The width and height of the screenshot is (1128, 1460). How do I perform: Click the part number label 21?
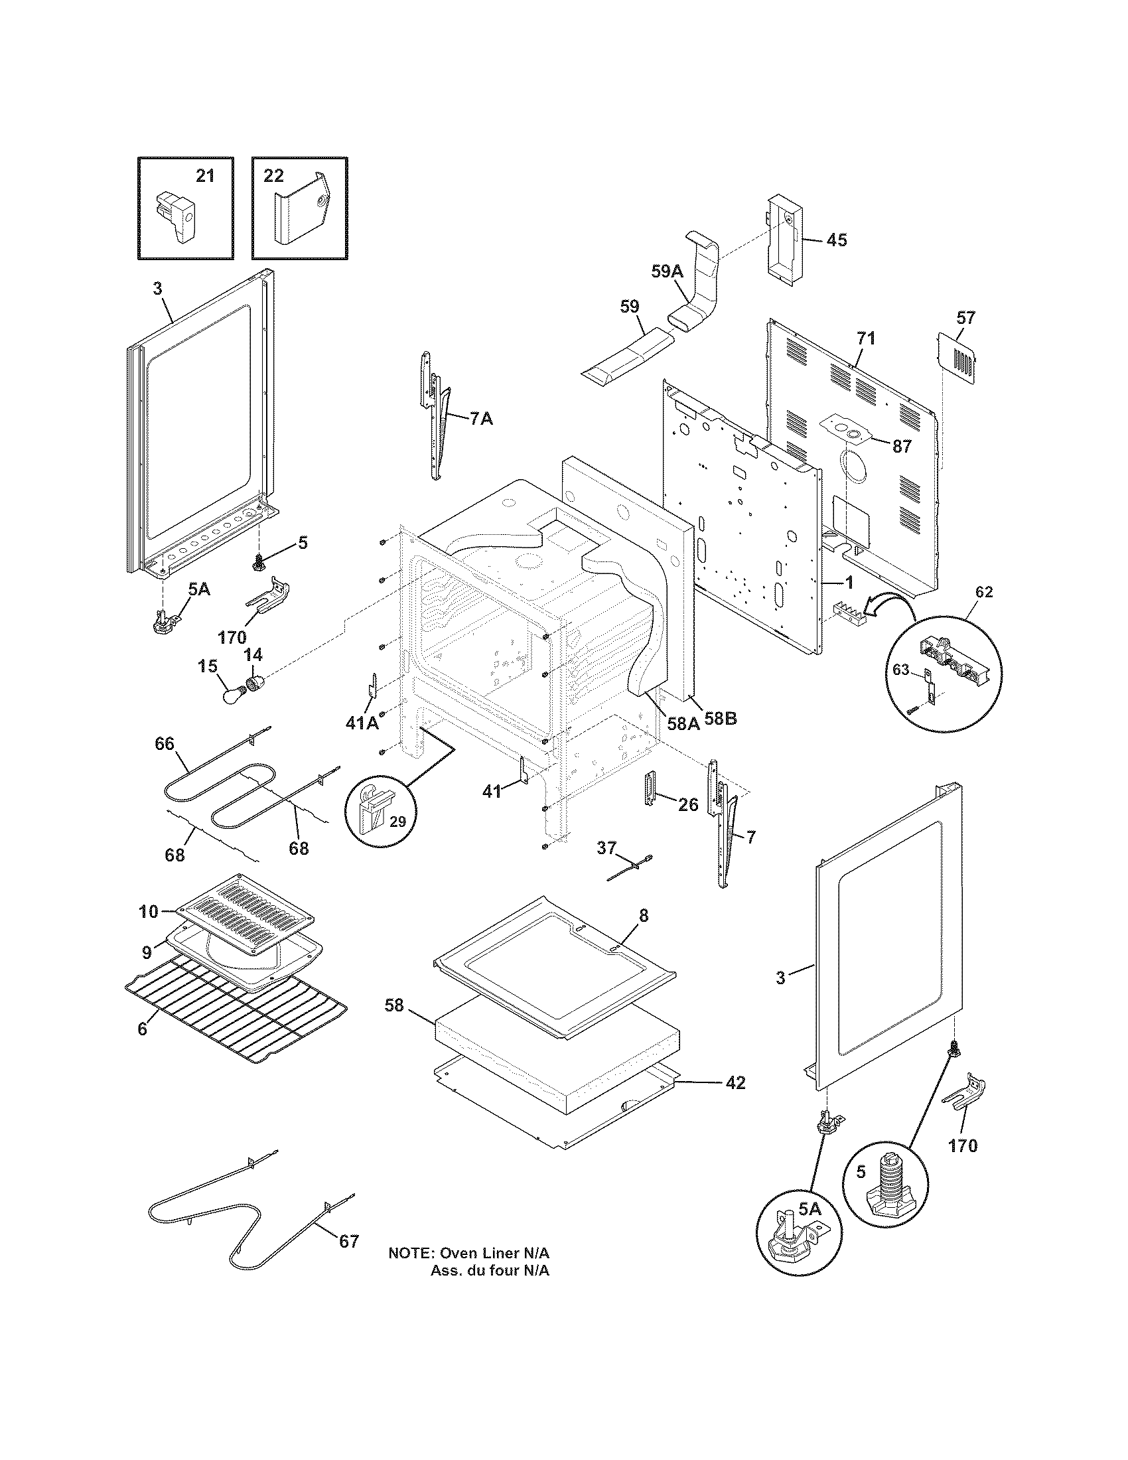[x=205, y=176]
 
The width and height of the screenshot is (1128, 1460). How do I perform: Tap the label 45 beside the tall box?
[x=836, y=240]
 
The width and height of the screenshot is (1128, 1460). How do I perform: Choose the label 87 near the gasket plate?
[x=902, y=447]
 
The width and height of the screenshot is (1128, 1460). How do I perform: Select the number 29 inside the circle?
[x=397, y=822]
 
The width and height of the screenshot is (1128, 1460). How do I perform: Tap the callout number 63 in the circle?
[x=902, y=669]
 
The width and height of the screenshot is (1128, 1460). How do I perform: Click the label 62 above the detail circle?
[x=983, y=591]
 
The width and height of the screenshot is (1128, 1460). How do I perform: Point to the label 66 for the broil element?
[x=165, y=744]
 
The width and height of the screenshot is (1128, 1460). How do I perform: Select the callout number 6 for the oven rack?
[x=142, y=1029]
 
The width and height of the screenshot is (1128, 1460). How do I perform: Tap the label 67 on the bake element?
[x=349, y=1242]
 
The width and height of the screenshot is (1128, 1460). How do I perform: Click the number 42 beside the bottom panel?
[x=735, y=1082]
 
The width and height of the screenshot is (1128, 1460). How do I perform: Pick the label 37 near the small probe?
[x=606, y=847]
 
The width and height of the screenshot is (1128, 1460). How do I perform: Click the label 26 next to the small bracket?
[x=688, y=804]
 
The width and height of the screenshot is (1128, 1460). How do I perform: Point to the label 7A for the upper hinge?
[x=481, y=419]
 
